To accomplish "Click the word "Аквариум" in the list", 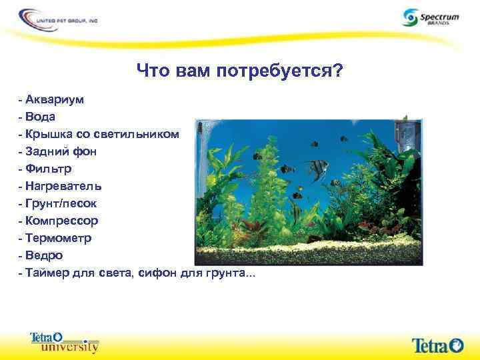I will tap(55, 99).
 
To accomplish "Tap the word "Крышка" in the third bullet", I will tap(52, 134).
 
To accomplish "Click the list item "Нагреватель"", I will tap(63, 186).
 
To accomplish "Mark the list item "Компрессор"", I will tap(62, 221).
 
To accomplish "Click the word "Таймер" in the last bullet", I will tap(49, 273).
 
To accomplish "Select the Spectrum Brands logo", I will tap(430, 18).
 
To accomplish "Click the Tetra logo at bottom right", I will tap(437, 345).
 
